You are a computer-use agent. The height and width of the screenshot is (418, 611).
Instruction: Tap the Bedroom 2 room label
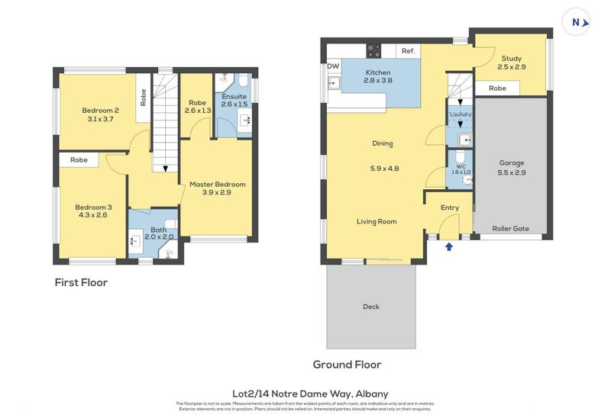(101, 110)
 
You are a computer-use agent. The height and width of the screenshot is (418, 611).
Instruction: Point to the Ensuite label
(234, 97)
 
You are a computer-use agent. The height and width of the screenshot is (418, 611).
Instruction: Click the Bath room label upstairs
(159, 230)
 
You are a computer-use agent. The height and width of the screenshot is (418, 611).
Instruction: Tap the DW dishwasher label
(333, 66)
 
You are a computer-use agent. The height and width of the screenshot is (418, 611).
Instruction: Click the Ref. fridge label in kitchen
(408, 51)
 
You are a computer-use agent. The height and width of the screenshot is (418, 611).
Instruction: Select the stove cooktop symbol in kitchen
(374, 50)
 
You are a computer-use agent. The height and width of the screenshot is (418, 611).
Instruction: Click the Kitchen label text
(378, 71)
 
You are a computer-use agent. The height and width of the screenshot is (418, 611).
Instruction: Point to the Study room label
(511, 59)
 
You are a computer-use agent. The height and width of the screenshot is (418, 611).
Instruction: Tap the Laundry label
(461, 114)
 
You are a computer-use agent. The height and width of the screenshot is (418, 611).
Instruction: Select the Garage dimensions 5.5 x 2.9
(512, 172)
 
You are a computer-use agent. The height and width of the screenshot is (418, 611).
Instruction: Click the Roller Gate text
(510, 227)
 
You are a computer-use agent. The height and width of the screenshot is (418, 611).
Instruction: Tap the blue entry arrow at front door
(449, 246)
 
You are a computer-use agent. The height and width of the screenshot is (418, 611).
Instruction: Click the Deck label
(371, 307)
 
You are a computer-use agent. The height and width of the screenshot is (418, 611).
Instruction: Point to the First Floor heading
(81, 282)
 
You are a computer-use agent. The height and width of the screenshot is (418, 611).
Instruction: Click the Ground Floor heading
(347, 365)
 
